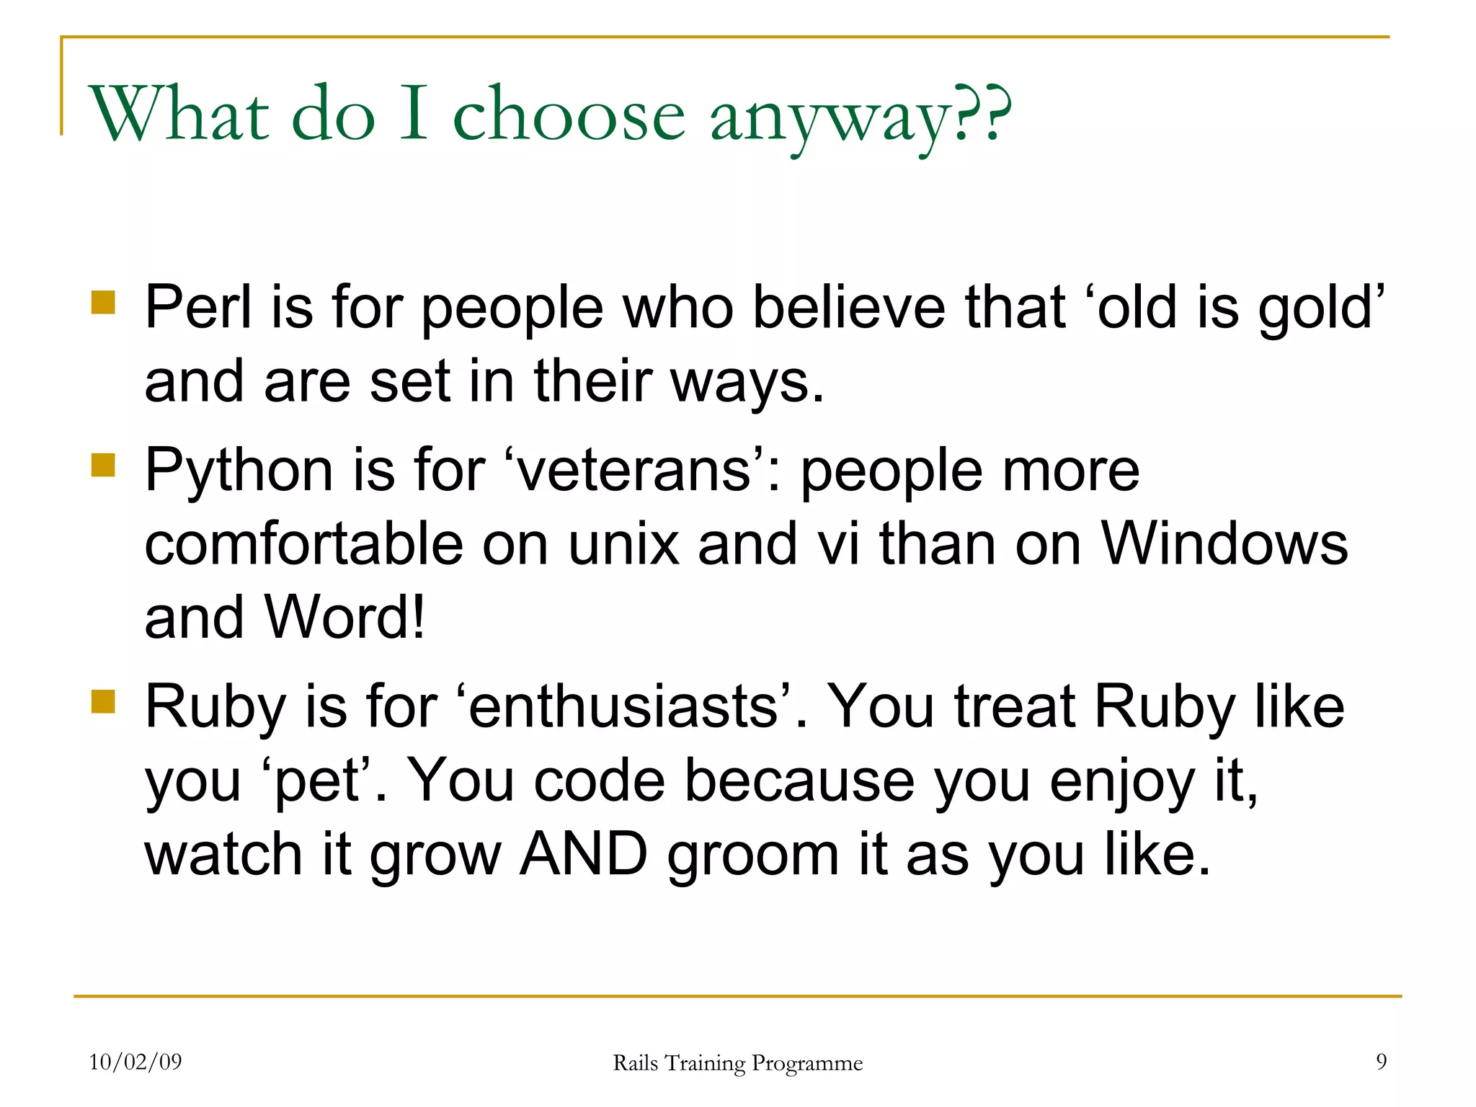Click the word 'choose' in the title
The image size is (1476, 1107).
pyautogui.click(x=569, y=115)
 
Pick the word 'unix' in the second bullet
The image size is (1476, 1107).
pyautogui.click(x=623, y=544)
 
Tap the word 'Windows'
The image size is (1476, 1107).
pyautogui.click(x=1224, y=544)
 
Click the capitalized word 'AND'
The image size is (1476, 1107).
pyautogui.click(x=584, y=855)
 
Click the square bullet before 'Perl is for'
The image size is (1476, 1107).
pyautogui.click(x=104, y=303)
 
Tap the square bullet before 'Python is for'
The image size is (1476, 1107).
pyautogui.click(x=104, y=465)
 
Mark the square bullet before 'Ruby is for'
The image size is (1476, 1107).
pyautogui.click(x=104, y=701)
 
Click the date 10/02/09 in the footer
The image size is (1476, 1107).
pyautogui.click(x=135, y=1062)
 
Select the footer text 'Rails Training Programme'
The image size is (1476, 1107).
pyautogui.click(x=737, y=1063)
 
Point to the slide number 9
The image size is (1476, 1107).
pyautogui.click(x=1381, y=1062)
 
